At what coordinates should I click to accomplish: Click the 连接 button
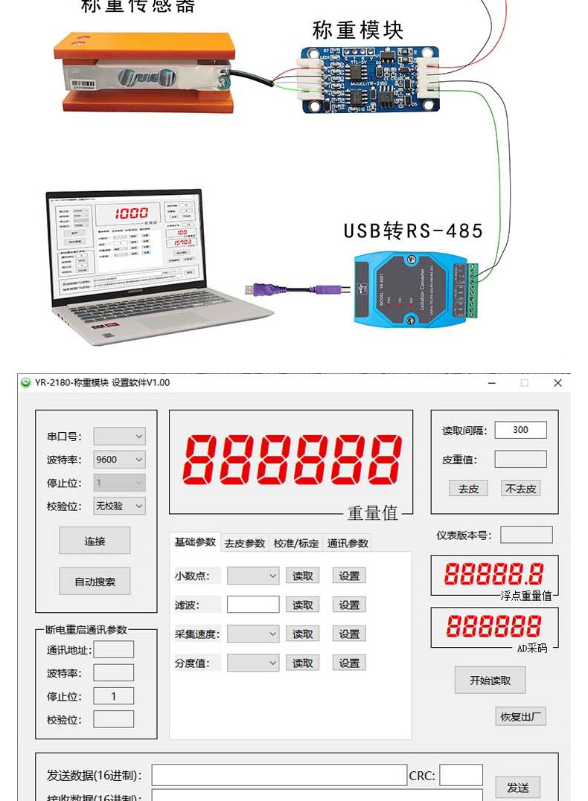(95, 541)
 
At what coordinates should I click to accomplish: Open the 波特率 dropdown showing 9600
(119, 460)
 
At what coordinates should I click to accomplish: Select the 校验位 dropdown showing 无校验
(119, 506)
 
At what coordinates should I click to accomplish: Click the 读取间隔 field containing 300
(520, 430)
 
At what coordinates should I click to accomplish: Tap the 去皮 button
(468, 489)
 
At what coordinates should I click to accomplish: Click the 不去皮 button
(520, 489)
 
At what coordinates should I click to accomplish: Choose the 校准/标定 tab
(296, 543)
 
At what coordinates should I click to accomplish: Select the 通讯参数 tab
(348, 543)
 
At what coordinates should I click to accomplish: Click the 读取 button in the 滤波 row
(302, 605)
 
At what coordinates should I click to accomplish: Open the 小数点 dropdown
(253, 576)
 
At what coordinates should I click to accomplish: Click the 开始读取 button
(490, 680)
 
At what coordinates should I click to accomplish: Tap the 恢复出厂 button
(520, 716)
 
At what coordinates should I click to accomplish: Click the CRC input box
(461, 775)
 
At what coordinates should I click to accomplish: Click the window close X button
(557, 382)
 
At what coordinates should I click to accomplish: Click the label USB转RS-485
(413, 231)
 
